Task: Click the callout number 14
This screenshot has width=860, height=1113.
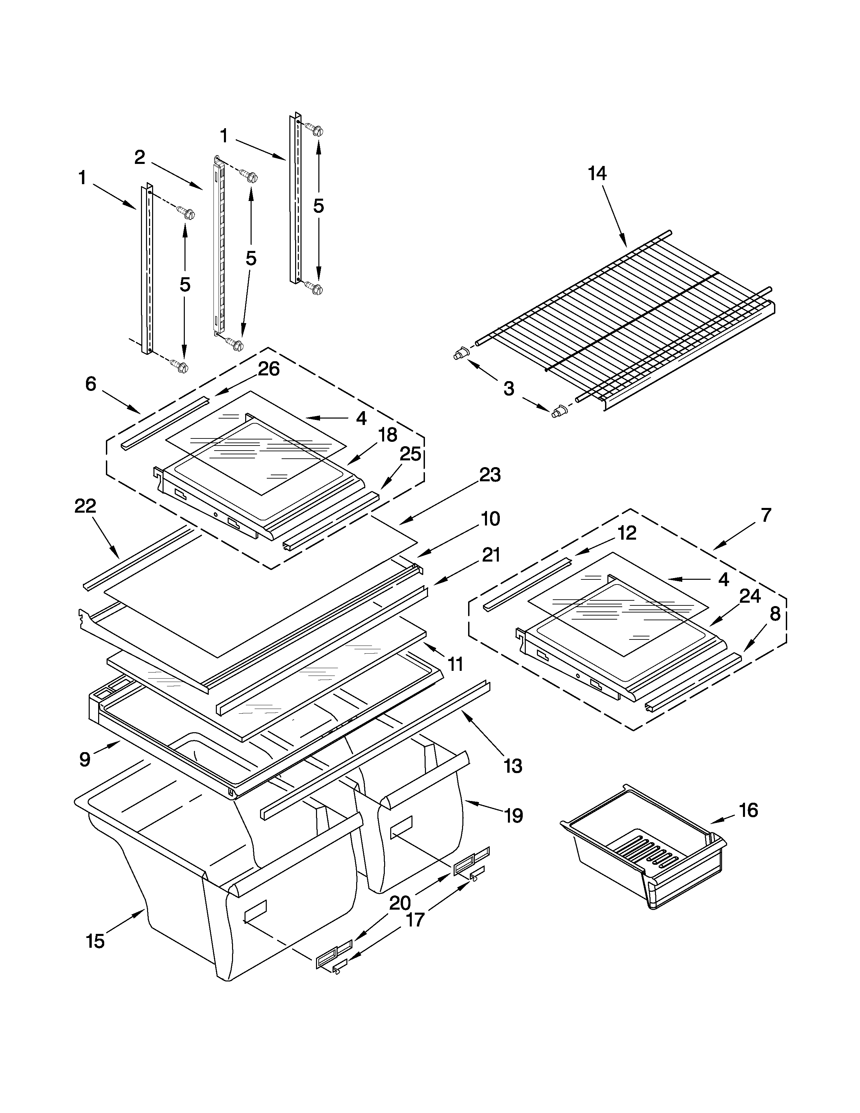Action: point(597,174)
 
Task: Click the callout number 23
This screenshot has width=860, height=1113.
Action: point(490,475)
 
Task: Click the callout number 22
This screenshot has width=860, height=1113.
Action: point(85,506)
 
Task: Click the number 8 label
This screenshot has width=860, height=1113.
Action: point(774,614)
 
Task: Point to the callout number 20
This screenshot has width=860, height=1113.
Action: point(400,903)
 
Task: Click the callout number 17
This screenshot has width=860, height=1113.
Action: point(415,920)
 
